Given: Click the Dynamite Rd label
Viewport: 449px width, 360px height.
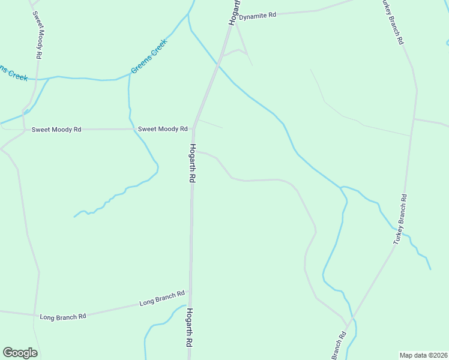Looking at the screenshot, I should [x=258, y=16].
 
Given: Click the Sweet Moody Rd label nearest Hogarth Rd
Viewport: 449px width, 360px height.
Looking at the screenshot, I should [x=163, y=129].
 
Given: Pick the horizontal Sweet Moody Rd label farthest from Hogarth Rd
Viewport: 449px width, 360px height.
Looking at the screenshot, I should [x=56, y=130].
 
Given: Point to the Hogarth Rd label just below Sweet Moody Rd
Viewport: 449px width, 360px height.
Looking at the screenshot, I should [x=193, y=163].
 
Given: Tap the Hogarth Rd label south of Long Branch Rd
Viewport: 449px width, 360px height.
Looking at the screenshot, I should [x=188, y=328].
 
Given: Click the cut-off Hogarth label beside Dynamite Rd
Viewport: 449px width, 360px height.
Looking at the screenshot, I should [x=234, y=12].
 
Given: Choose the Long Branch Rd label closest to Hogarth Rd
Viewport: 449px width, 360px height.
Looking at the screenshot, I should [x=162, y=298].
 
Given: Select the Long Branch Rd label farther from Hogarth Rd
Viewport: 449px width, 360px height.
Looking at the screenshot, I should [x=62, y=316].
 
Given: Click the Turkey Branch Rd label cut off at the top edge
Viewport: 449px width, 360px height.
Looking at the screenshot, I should [x=393, y=22].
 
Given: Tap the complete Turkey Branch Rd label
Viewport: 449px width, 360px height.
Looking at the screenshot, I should [x=400, y=219].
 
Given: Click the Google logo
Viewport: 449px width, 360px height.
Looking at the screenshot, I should [x=20, y=353].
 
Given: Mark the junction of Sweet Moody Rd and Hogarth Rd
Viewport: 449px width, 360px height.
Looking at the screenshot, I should [x=194, y=129].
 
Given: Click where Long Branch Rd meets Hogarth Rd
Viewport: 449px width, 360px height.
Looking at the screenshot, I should [x=190, y=291].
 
